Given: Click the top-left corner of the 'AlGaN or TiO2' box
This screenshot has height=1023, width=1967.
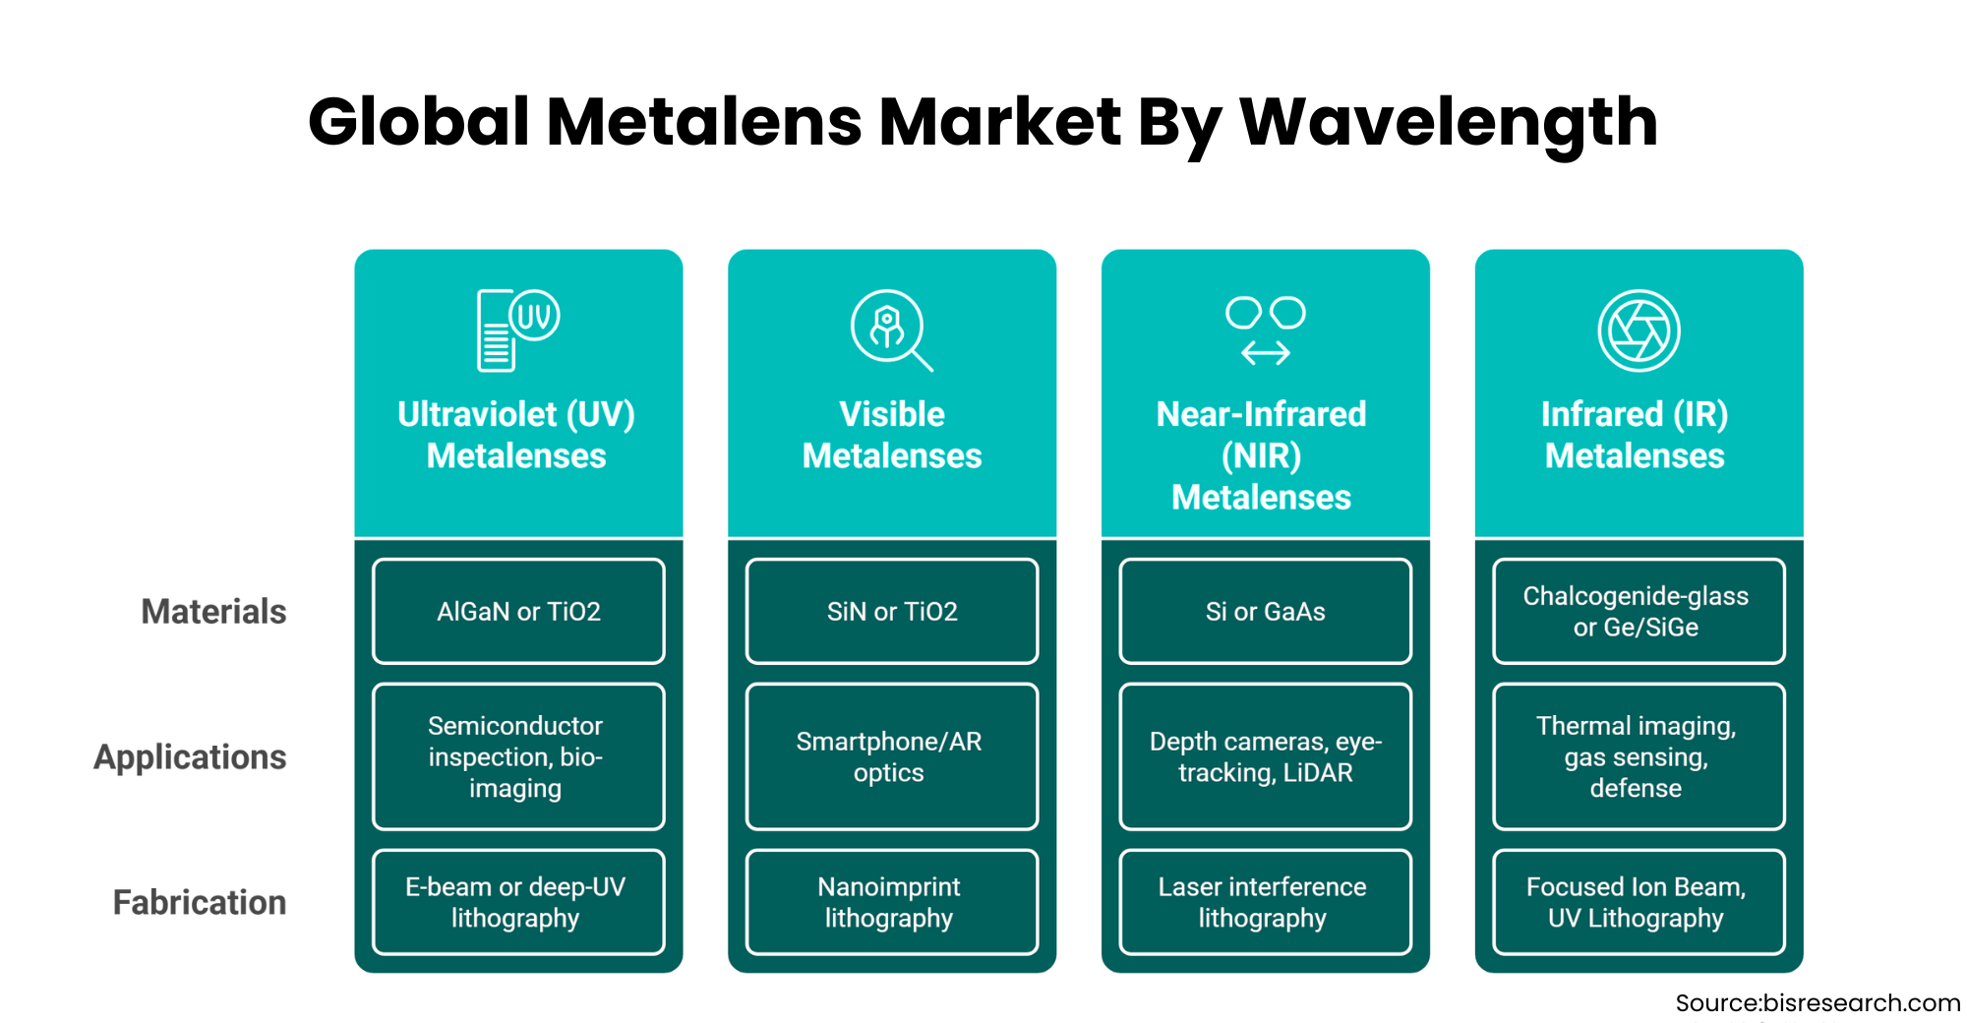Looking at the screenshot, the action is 374,560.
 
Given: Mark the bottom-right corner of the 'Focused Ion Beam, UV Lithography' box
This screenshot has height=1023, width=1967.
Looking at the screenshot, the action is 1784,953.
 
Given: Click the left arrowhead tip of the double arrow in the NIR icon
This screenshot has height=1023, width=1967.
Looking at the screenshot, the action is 1242,352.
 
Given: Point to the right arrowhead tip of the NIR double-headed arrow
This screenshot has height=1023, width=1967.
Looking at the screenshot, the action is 1290,352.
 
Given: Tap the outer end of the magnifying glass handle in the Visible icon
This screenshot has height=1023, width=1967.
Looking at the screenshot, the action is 931,370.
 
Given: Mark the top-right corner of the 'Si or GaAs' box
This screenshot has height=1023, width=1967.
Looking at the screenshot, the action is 1410,560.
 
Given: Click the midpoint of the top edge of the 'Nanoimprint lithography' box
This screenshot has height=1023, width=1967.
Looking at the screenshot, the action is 892,850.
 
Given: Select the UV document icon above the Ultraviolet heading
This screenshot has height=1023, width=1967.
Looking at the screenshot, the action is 518,331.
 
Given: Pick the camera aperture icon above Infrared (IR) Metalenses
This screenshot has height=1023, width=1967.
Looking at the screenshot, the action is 1639,331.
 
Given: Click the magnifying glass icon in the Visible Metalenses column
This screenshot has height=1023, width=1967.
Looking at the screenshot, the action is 892,331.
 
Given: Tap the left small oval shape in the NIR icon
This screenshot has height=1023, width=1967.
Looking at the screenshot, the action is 1243,313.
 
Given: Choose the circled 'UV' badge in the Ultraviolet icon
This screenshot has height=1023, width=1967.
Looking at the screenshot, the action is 535,316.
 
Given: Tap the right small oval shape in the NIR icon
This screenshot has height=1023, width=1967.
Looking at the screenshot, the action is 1287,313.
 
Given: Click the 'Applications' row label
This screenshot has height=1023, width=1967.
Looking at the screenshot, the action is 190,757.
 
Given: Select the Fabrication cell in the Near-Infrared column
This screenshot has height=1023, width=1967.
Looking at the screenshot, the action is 1266,902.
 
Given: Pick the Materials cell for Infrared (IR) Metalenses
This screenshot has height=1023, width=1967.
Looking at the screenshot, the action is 1639,611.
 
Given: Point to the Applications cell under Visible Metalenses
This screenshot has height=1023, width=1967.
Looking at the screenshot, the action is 892,756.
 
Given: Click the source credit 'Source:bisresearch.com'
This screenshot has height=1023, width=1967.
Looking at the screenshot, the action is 1818,1002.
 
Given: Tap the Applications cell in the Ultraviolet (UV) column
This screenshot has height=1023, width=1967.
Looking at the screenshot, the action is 518,756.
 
